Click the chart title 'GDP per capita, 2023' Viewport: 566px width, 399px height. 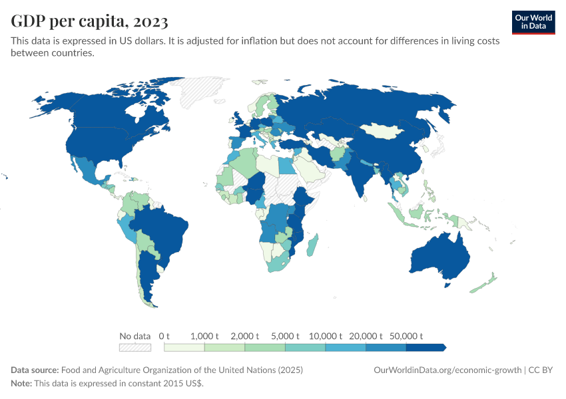coord(89,22)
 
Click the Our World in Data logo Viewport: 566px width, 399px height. coord(533,22)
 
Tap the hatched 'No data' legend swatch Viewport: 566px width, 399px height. coord(135,347)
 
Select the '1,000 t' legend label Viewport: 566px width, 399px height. coord(204,336)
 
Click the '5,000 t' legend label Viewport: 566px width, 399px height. coord(285,336)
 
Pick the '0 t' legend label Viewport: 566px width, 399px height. coord(164,336)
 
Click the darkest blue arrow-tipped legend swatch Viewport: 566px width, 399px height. coord(425,347)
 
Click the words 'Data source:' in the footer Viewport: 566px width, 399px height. coord(35,370)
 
